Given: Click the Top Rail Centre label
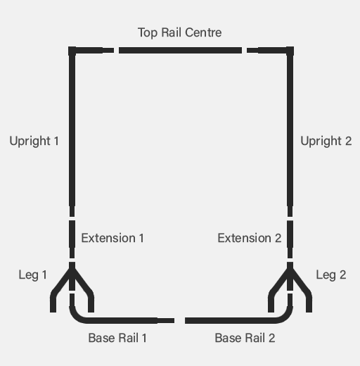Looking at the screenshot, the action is pos(179,32).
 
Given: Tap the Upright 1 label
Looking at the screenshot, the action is pos(34,141).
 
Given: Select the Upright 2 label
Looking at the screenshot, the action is pos(326,141).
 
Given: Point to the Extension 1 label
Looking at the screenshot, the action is pos(112,238).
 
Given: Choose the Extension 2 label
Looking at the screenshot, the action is pos(250,238).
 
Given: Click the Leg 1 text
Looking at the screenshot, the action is pos(32,275).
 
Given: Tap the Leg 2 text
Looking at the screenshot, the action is pos(331,275).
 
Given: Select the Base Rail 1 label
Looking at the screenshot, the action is pos(117,338).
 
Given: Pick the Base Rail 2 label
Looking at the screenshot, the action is pos(245,338).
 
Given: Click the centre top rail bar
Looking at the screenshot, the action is pos(180,50).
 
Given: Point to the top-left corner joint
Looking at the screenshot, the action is pos(72,50).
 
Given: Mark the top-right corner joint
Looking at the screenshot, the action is pos(290,50).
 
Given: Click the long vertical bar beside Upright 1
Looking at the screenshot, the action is pos(72,132).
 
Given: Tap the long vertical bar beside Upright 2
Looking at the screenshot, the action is pos(290,132).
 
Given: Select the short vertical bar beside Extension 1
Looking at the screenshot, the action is pos(72,239).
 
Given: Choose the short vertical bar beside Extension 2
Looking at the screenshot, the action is pos(290,239).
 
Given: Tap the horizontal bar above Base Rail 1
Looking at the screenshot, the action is pos(122,320).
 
